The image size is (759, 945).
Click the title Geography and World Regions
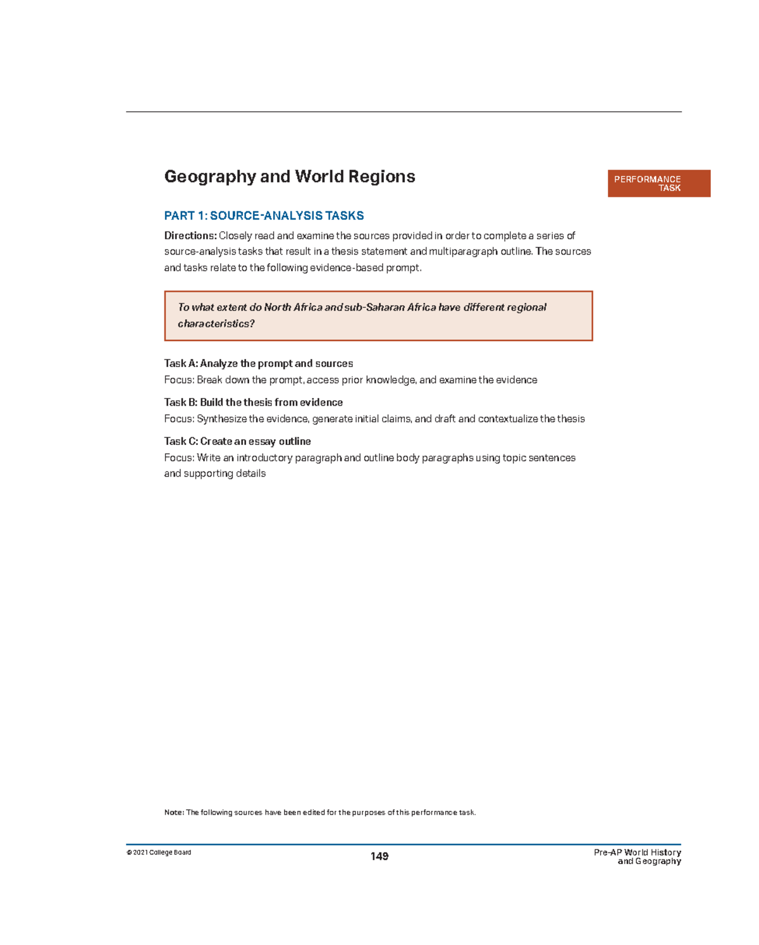pyautogui.click(x=290, y=177)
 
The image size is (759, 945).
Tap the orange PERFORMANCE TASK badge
pyautogui.click(x=658, y=184)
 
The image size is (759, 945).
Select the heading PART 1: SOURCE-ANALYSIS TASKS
pyautogui.click(x=264, y=216)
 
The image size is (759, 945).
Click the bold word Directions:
pyautogui.click(x=190, y=236)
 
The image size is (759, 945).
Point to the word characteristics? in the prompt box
pyautogui.click(x=216, y=324)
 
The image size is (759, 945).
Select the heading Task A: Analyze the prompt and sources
pyautogui.click(x=258, y=363)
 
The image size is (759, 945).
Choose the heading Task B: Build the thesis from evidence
pyautogui.click(x=253, y=403)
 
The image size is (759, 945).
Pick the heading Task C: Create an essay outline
pyautogui.click(x=237, y=441)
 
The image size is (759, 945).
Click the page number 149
pyautogui.click(x=379, y=856)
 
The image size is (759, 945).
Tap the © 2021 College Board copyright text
pyautogui.click(x=159, y=853)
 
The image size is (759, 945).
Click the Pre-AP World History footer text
pyautogui.click(x=637, y=853)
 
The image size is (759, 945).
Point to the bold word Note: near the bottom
pyautogui.click(x=174, y=813)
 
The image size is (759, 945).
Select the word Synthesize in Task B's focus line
pyautogui.click(x=221, y=419)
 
